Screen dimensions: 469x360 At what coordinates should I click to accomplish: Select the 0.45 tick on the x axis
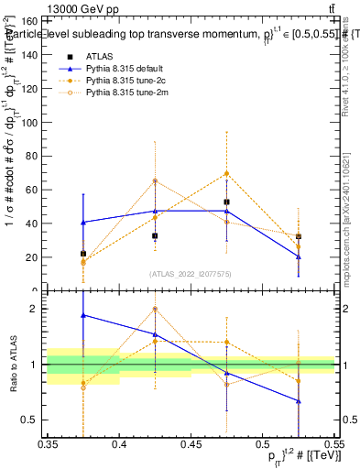pos(191,442)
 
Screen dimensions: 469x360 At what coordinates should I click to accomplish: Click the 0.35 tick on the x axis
pos(49,442)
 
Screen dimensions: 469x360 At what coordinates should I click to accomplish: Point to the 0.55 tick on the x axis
pos(333,442)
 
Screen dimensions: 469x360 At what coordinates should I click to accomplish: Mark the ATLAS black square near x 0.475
pos(226,202)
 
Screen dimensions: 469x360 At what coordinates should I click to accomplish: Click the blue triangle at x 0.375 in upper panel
pos(83,222)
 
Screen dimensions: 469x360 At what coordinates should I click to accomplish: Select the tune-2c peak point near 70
pos(226,173)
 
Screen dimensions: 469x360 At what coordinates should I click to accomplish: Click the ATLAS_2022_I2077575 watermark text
pos(191,273)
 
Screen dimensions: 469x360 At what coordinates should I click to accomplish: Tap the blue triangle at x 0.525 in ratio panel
pos(298,401)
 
